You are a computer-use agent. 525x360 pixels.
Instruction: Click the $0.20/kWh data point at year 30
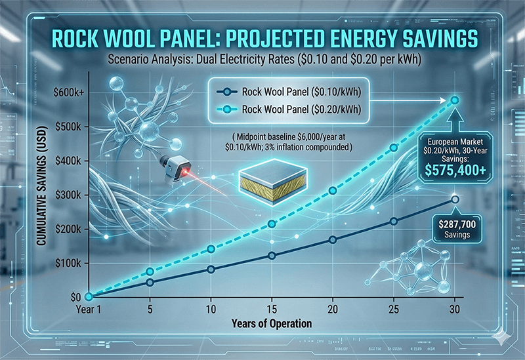point(455,100)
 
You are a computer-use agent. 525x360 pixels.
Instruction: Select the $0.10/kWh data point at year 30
point(455,199)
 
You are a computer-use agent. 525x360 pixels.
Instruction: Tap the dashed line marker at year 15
point(273,224)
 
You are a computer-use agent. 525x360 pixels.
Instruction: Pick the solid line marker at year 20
point(333,240)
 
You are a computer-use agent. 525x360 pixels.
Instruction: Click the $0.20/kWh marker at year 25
point(394,148)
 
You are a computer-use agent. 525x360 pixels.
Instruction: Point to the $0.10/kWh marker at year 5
point(150,283)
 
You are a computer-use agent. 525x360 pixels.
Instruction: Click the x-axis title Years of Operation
point(270,323)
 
